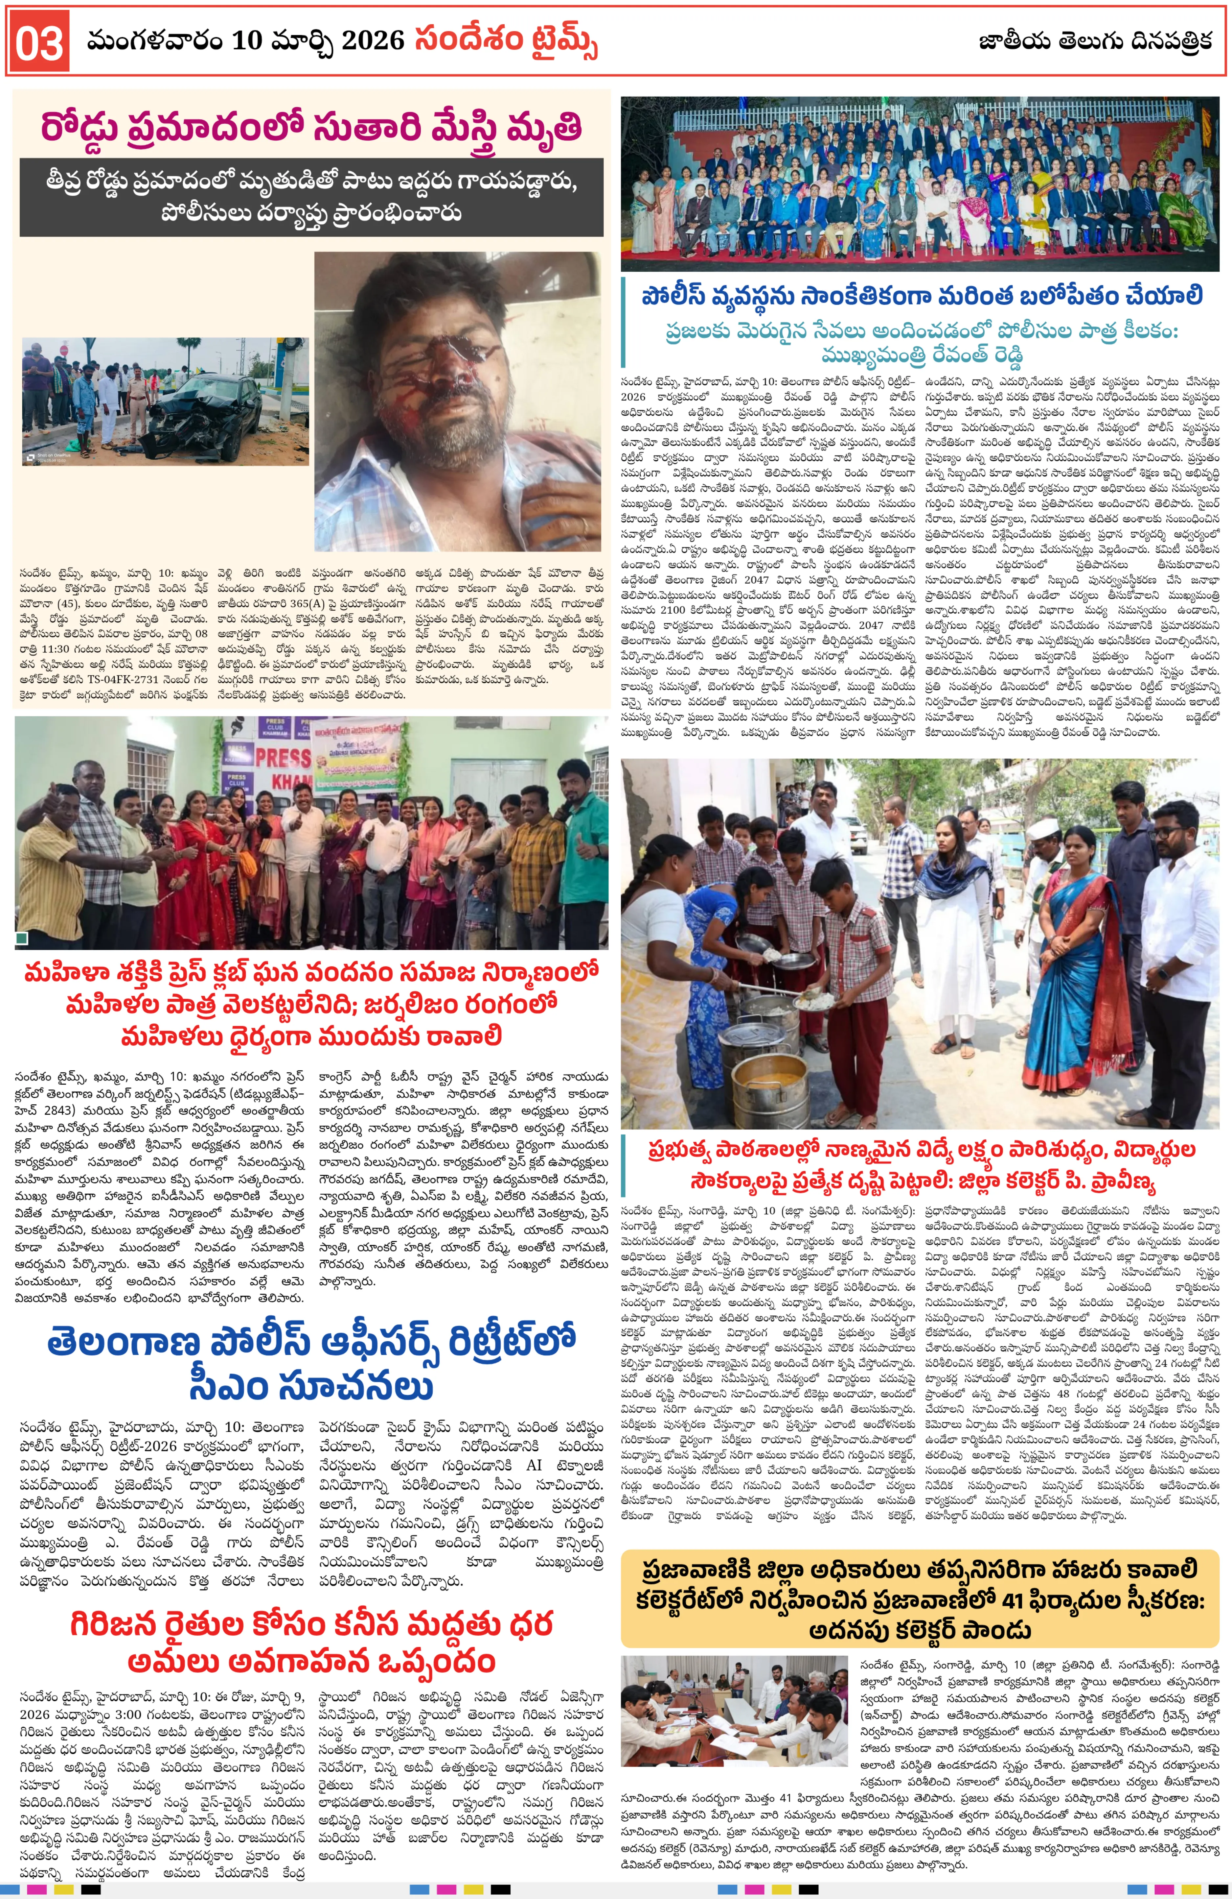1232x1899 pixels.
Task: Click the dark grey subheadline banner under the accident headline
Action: (311, 196)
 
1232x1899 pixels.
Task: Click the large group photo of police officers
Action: (920, 183)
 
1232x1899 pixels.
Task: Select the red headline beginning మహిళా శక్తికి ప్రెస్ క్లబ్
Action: (311, 1004)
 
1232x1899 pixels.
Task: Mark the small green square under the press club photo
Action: (22, 938)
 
